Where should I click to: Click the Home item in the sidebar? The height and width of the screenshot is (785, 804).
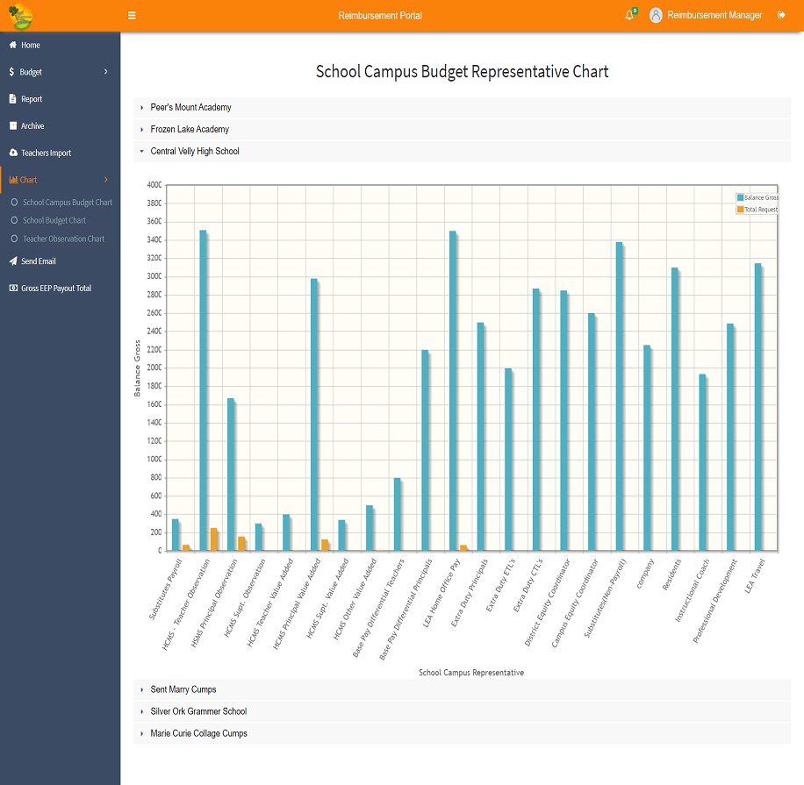[31, 45]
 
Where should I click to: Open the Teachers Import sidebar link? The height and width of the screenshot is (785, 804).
[46, 153]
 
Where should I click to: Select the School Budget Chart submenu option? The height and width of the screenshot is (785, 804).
[54, 220]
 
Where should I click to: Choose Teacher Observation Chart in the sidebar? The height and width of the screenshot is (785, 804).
[63, 239]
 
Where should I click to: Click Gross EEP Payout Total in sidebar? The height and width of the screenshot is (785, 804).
[56, 288]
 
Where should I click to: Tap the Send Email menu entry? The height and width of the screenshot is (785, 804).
[39, 261]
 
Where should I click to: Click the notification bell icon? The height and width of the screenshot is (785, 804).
[629, 16]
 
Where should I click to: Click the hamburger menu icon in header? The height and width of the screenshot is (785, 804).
[132, 16]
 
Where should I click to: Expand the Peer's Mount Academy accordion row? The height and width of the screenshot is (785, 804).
[190, 107]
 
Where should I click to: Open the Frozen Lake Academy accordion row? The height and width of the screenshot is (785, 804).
[190, 129]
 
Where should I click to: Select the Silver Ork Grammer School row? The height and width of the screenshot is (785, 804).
[198, 711]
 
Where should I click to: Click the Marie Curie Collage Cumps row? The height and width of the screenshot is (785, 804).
[198, 733]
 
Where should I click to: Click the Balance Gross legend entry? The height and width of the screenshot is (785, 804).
[760, 197]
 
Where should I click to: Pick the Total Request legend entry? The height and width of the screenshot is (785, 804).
[760, 210]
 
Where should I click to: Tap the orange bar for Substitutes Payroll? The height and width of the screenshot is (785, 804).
[186, 547]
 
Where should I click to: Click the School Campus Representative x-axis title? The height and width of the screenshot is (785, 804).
[471, 673]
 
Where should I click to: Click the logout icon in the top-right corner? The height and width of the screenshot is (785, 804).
[781, 16]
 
